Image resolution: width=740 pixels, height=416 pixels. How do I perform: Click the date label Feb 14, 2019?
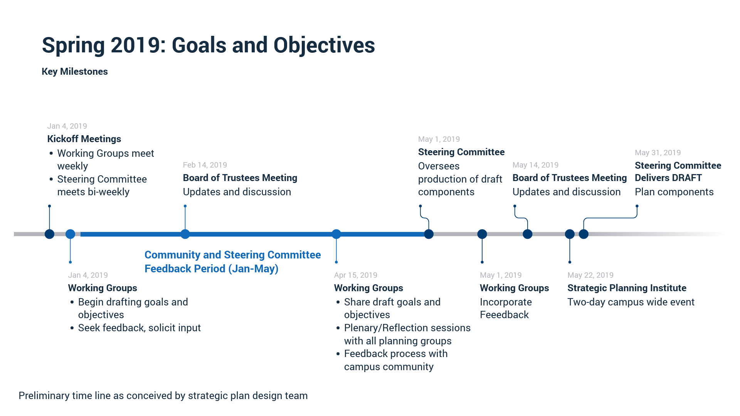tap(205, 165)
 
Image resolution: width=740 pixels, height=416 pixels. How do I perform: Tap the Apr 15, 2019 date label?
tap(355, 275)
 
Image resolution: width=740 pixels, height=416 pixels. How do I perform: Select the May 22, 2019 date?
tap(590, 275)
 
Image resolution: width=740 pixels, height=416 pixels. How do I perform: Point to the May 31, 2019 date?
tap(658, 153)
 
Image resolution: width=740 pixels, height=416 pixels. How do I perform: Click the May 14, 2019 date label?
tap(535, 165)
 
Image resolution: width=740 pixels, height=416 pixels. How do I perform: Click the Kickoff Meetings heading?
tap(84, 139)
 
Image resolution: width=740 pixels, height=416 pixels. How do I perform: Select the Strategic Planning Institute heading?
tap(627, 288)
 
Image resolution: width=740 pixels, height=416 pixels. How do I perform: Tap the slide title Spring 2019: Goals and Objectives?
tap(208, 45)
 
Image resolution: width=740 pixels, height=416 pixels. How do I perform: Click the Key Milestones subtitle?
tap(75, 72)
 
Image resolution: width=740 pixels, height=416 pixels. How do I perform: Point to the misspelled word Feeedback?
tap(504, 315)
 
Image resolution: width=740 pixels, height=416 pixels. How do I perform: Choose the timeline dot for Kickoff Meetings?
tap(49, 234)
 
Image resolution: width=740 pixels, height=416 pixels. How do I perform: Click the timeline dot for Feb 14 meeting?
tap(185, 234)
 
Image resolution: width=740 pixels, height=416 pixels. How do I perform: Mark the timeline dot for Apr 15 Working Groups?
tap(336, 234)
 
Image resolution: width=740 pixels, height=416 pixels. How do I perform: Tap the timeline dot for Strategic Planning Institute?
tap(570, 234)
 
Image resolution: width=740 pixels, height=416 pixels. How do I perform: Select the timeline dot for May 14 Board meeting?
tap(527, 234)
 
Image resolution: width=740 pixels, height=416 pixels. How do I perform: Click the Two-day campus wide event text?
tap(631, 302)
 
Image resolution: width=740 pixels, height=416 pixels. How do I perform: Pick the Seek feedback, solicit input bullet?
tap(139, 328)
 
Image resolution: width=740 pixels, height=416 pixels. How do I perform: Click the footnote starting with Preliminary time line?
tap(163, 396)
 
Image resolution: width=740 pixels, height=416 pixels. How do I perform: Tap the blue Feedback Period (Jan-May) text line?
tap(211, 268)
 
